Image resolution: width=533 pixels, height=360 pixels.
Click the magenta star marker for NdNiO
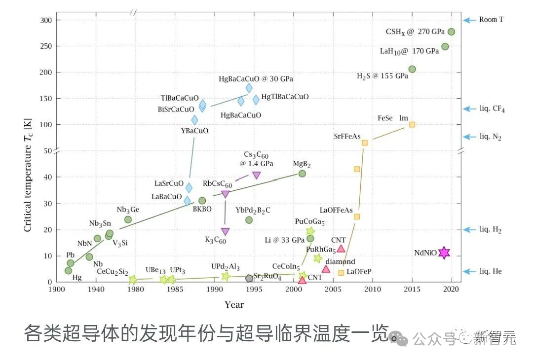coord(444,253)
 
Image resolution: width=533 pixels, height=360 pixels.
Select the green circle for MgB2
coord(302,174)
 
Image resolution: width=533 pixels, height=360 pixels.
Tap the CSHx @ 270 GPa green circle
coord(451,32)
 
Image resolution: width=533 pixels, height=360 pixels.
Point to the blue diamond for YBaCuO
coord(194,120)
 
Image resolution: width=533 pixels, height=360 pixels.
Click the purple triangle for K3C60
coord(225,231)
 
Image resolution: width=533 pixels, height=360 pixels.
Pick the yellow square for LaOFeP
coord(341,273)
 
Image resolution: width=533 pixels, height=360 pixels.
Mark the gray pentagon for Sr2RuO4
coord(249,278)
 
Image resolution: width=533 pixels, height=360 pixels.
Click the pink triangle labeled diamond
coord(326,269)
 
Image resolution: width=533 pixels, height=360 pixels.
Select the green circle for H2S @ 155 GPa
coord(412,69)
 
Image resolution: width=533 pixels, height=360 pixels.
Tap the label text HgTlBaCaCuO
coord(285,97)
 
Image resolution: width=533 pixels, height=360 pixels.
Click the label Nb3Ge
coord(128,210)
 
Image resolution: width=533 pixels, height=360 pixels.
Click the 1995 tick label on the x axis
coord(254,289)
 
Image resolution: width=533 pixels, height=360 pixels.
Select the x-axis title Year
coord(234,305)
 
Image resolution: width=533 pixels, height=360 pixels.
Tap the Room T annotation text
coord(491,20)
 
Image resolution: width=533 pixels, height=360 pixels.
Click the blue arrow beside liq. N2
coord(468,137)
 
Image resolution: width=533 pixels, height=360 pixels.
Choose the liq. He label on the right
coord(491,271)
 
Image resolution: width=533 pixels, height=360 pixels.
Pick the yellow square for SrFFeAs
coord(365,143)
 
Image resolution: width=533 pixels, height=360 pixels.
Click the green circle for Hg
coord(68,270)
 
